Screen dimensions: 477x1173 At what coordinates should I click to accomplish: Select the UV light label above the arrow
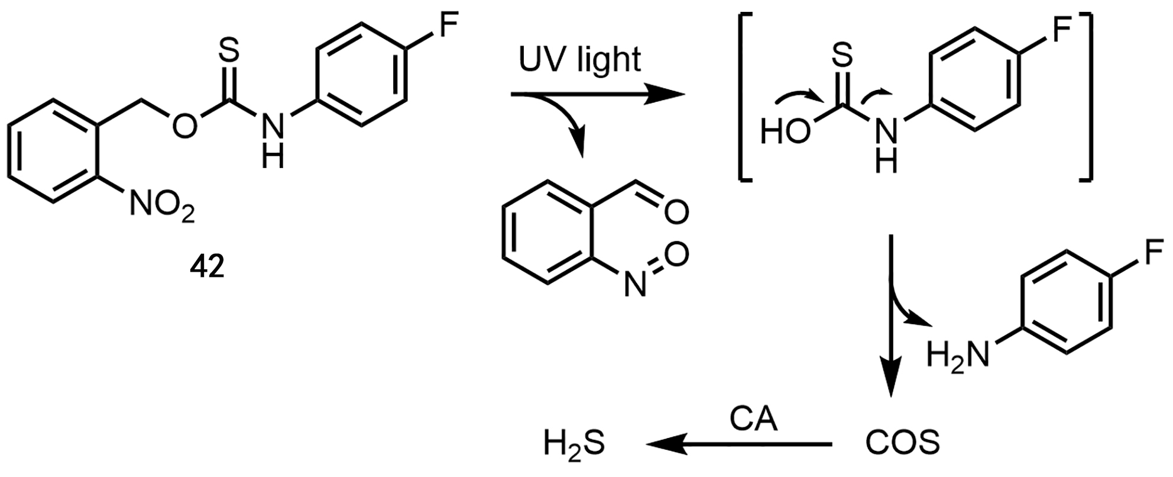point(579,60)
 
